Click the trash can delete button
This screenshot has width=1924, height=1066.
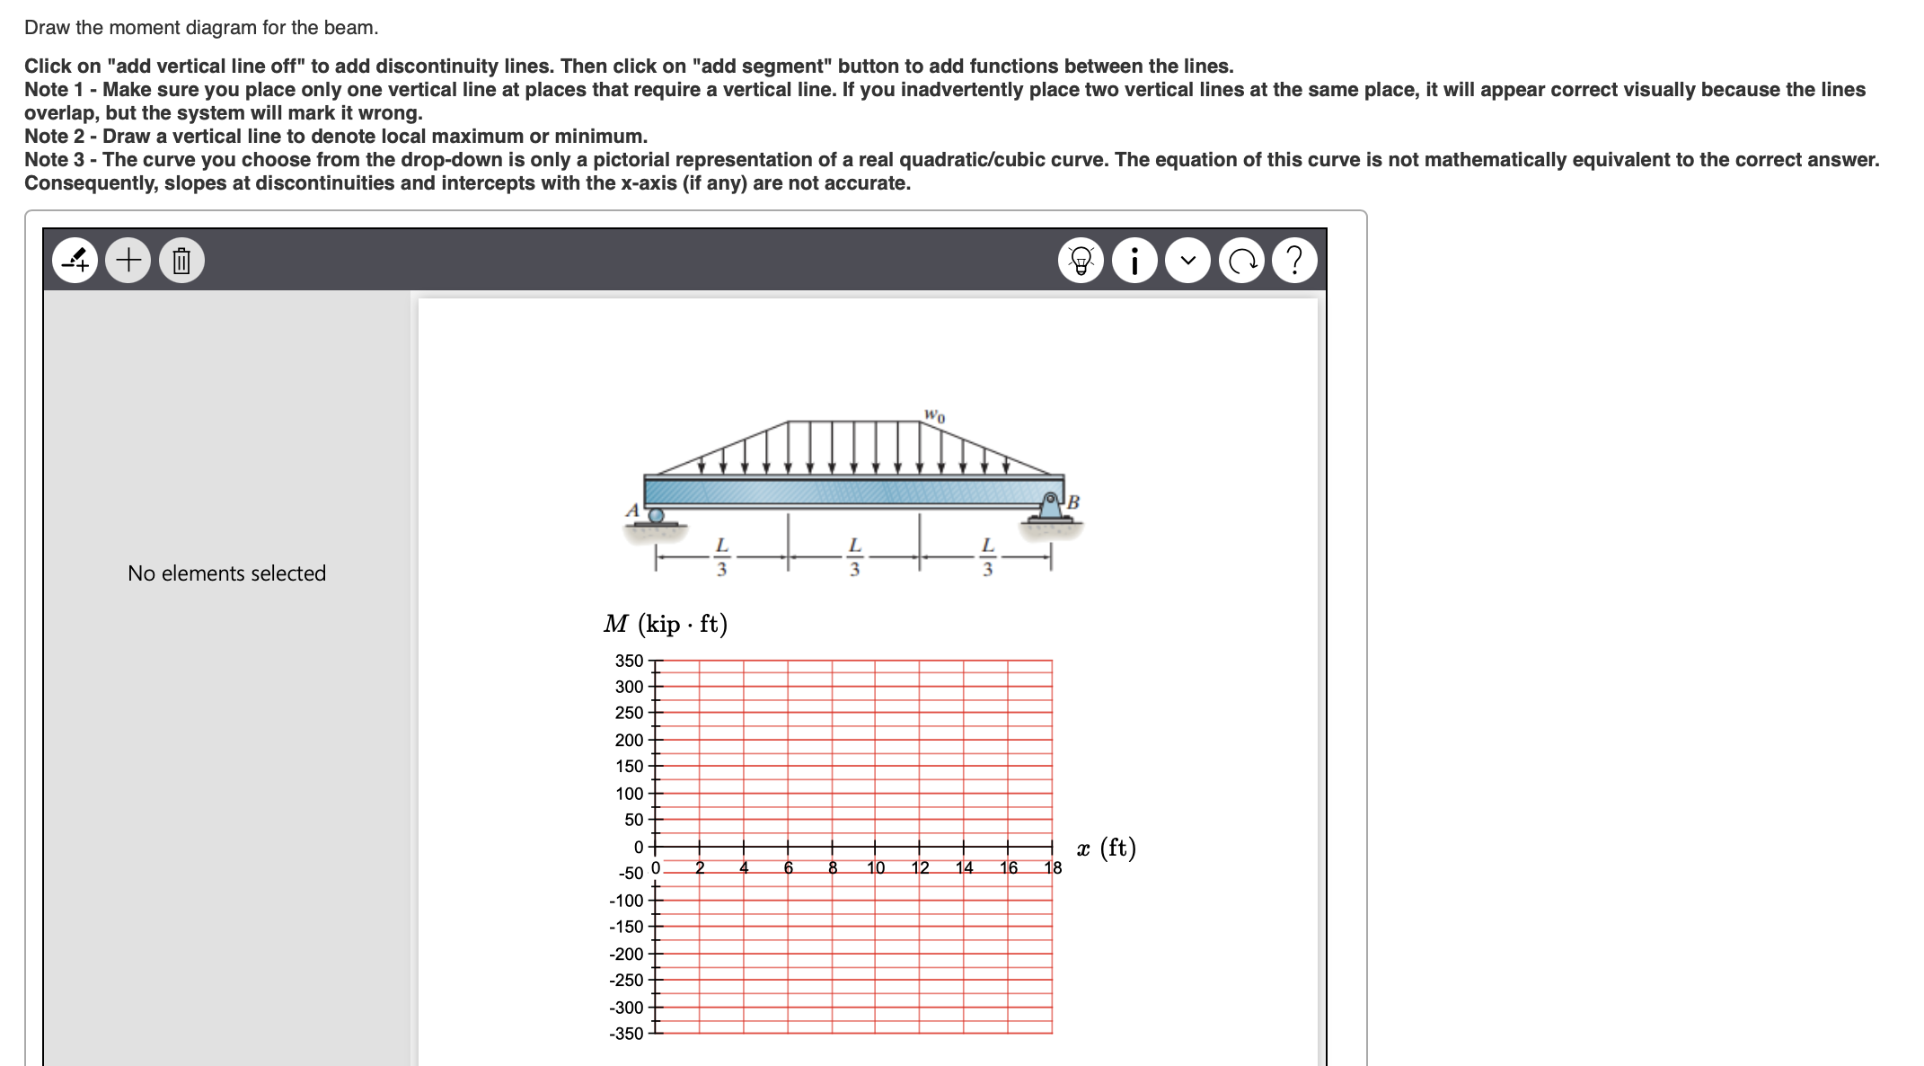[x=181, y=261]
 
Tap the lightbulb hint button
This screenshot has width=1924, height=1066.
[x=1081, y=261]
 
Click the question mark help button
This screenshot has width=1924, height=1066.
[x=1294, y=261]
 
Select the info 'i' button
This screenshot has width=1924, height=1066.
[x=1134, y=261]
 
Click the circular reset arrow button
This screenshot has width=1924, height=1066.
[x=1241, y=261]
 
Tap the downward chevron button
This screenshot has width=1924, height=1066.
[x=1188, y=261]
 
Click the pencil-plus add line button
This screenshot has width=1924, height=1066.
[x=75, y=261]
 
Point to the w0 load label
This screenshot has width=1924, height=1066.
[x=934, y=415]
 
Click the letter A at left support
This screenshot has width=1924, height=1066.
[x=632, y=510]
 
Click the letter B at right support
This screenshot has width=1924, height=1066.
[x=1072, y=502]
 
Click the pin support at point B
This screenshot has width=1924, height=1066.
[x=1050, y=506]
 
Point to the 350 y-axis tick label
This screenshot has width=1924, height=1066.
[x=629, y=661]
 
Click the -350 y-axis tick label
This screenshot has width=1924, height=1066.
[x=626, y=1034]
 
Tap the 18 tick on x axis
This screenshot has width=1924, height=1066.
[x=1053, y=867]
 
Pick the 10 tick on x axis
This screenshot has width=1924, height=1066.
[x=876, y=867]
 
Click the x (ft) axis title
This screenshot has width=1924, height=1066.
[x=1107, y=848]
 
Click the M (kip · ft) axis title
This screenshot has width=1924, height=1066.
[x=666, y=624]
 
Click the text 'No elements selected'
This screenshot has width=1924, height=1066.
[x=226, y=573]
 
